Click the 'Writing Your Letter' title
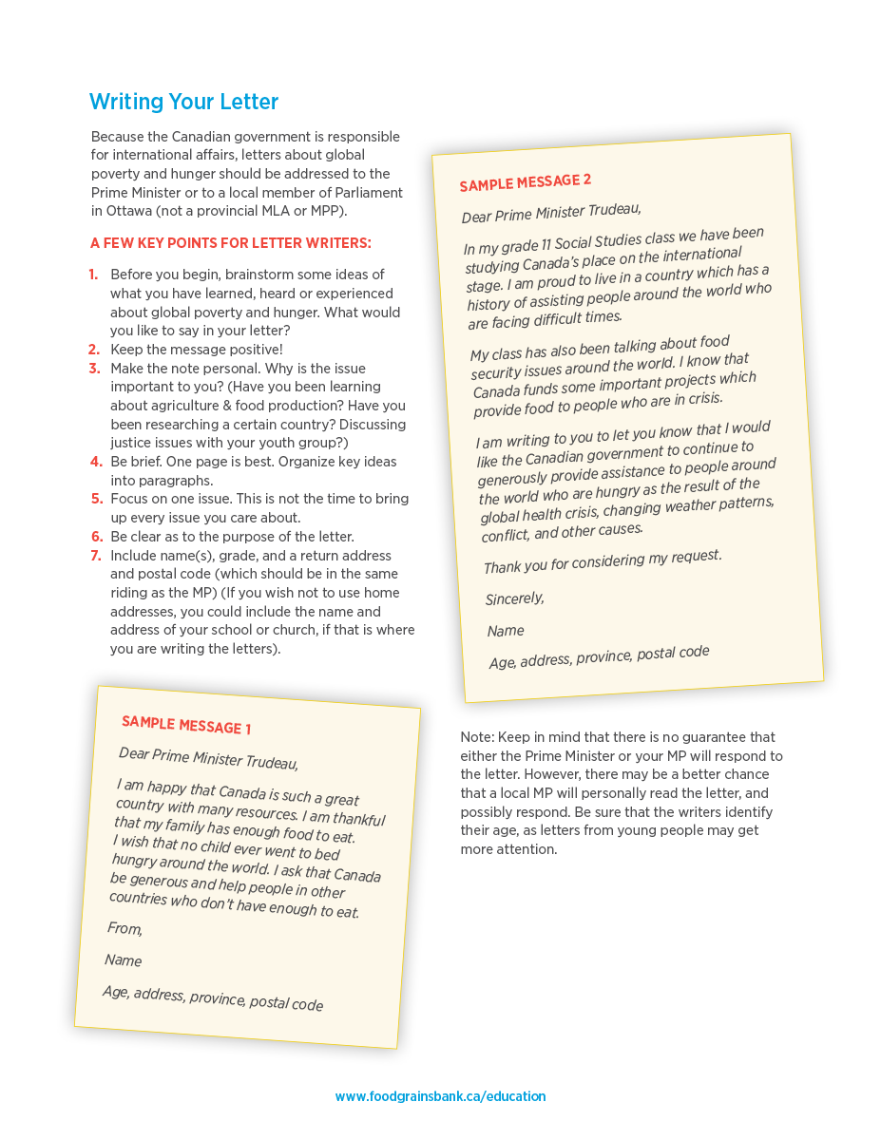click(183, 103)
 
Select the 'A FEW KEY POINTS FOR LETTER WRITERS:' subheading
click(231, 243)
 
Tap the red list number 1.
click(94, 275)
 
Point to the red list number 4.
click(96, 462)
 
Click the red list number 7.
click(96, 556)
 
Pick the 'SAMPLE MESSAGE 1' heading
click(186, 725)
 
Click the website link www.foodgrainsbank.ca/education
click(440, 1096)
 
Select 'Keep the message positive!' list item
click(197, 350)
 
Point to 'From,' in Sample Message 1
click(125, 928)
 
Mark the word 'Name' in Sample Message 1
click(124, 960)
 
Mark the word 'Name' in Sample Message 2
click(506, 631)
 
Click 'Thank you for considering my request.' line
click(603, 560)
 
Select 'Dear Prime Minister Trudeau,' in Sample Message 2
click(551, 211)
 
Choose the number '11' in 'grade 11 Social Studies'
click(549, 242)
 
